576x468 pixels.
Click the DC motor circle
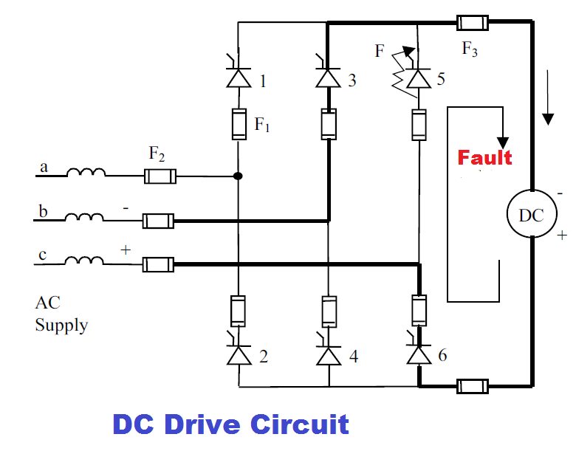tap(531, 216)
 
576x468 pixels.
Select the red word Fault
tap(485, 157)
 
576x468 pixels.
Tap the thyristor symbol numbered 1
tap(239, 78)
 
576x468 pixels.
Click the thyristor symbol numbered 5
tap(419, 78)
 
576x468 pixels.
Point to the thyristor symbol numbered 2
tap(239, 355)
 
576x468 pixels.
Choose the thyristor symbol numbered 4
tap(328, 355)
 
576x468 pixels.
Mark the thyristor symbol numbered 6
tap(419, 355)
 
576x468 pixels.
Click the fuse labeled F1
tap(239, 124)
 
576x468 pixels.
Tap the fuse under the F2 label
tap(160, 176)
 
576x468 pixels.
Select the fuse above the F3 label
tap(472, 23)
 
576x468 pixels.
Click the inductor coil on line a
tap(86, 174)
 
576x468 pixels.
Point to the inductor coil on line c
tap(86, 261)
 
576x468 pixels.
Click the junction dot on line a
tap(238, 176)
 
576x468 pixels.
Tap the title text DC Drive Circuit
tap(230, 425)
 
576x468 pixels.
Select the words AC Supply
tap(61, 314)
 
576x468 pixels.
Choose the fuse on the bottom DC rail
tap(472, 386)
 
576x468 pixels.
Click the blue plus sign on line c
tap(126, 250)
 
